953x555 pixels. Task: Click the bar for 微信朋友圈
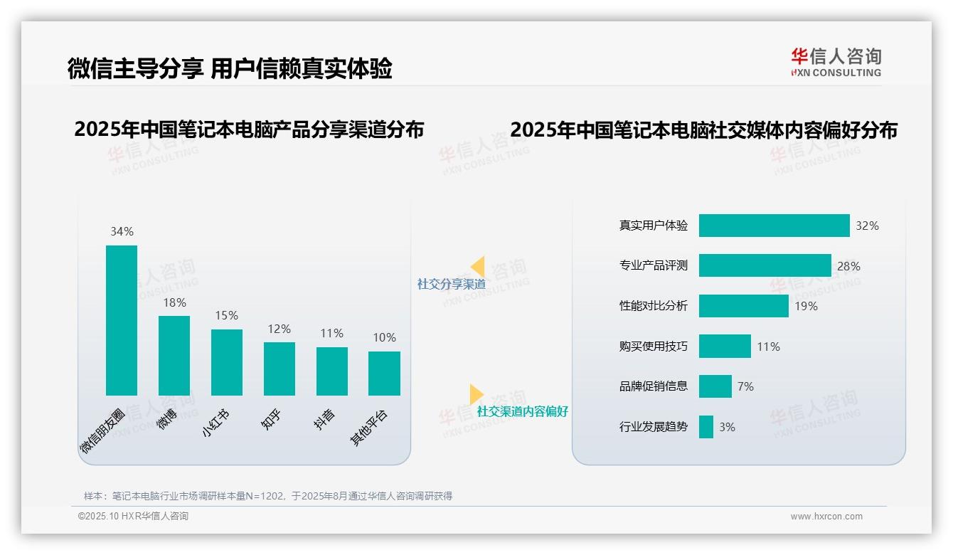pyautogui.click(x=122, y=320)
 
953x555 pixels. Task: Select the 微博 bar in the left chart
pyautogui.click(x=174, y=355)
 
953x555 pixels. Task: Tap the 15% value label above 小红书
pyautogui.click(x=227, y=315)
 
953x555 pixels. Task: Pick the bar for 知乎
pyautogui.click(x=279, y=369)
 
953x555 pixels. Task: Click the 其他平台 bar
pyautogui.click(x=384, y=373)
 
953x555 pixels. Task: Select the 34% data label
pyautogui.click(x=122, y=231)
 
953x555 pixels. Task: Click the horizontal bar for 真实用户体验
pyautogui.click(x=774, y=226)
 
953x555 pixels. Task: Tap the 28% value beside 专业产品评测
pyautogui.click(x=848, y=266)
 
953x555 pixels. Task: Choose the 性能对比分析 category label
pyautogui.click(x=654, y=306)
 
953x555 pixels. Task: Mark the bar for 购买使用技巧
pyautogui.click(x=725, y=347)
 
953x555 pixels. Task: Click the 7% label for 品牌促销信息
pyautogui.click(x=745, y=386)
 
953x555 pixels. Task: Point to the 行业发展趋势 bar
pyautogui.click(x=706, y=427)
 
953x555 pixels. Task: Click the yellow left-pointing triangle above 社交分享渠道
pyautogui.click(x=478, y=267)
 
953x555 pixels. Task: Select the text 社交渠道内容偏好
pyautogui.click(x=523, y=411)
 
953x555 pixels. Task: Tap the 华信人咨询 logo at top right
pyautogui.click(x=836, y=62)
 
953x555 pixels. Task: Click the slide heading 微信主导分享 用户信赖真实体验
pyautogui.click(x=230, y=68)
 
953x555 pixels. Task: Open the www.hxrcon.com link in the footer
pyautogui.click(x=826, y=517)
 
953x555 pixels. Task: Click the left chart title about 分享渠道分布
pyautogui.click(x=249, y=129)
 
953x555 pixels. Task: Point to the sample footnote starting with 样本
pyautogui.click(x=268, y=496)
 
